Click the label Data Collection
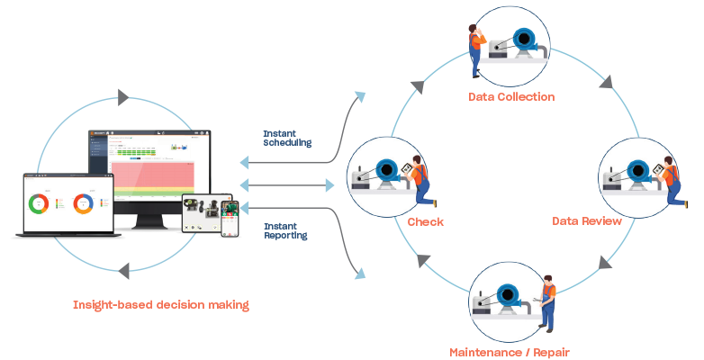click(511, 96)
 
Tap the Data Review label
click(587, 220)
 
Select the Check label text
click(426, 221)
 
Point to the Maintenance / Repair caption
click(510, 351)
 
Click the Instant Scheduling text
click(287, 138)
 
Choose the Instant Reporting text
click(285, 230)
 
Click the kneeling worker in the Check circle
click(420, 184)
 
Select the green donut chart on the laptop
click(39, 203)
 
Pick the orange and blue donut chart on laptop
click(83, 203)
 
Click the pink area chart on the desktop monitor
click(161, 175)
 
